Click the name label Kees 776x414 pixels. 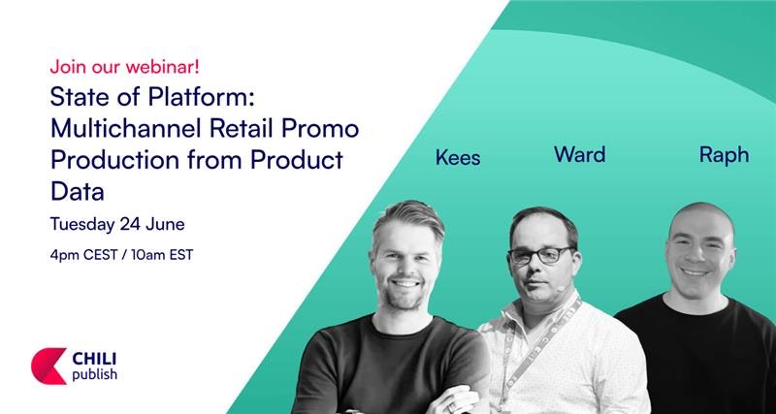458,157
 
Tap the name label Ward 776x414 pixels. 579,154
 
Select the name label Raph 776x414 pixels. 724,155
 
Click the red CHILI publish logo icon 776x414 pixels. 49,366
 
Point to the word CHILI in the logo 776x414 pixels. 94,359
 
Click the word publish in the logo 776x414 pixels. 94,374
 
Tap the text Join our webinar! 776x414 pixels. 124,67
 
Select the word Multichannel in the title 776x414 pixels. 126,129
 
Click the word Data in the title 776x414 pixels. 78,191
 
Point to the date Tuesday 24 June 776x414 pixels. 117,225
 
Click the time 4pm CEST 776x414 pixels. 83,255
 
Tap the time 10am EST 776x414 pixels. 162,255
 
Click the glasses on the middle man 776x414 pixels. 541,255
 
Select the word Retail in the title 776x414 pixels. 236,129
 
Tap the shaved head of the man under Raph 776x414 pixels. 700,217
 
